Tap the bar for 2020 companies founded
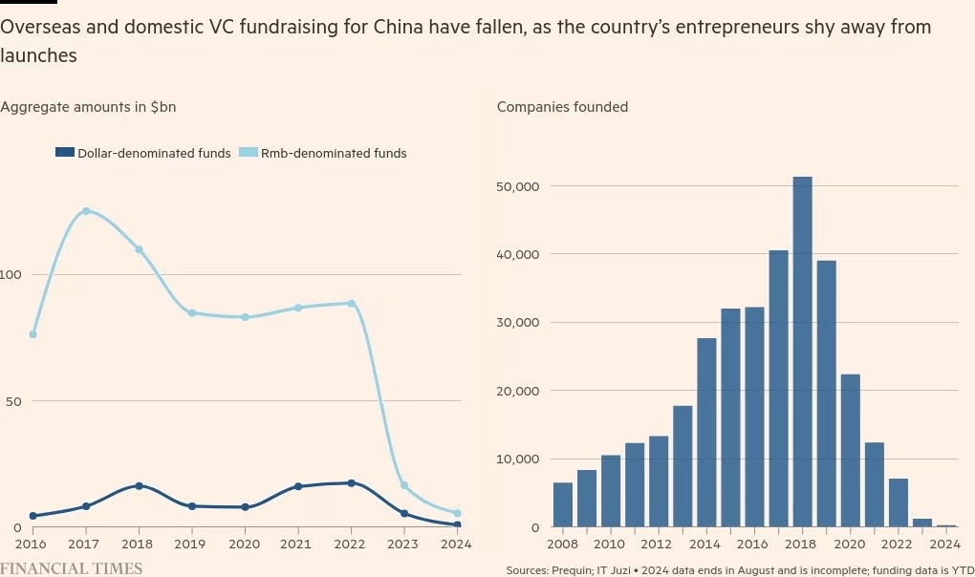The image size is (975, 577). (x=850, y=450)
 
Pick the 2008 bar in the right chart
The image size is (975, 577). (x=563, y=504)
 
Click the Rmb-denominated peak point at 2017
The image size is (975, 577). (x=86, y=211)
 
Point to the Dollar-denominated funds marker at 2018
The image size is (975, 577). (x=139, y=486)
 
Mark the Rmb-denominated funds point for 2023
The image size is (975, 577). (x=404, y=486)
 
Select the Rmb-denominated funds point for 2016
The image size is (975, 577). (x=32, y=334)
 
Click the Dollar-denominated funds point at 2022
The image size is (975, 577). (x=351, y=483)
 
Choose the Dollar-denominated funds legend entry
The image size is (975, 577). (x=143, y=153)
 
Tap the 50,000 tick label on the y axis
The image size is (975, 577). (x=520, y=186)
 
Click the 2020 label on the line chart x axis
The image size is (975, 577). (x=245, y=545)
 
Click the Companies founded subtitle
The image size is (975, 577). (x=562, y=107)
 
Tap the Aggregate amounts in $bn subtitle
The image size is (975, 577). (x=88, y=107)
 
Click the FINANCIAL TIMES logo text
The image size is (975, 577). (x=72, y=568)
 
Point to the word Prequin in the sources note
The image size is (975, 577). (x=574, y=570)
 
